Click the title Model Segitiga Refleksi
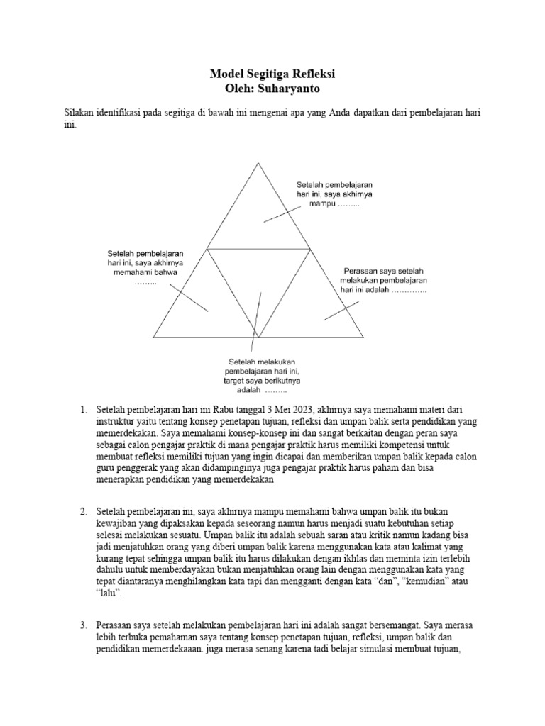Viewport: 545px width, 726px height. (272, 74)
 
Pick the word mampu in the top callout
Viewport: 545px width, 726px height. (321, 203)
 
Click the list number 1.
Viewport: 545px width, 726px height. (82, 410)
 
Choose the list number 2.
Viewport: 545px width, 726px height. (82, 511)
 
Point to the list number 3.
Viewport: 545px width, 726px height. (82, 625)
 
